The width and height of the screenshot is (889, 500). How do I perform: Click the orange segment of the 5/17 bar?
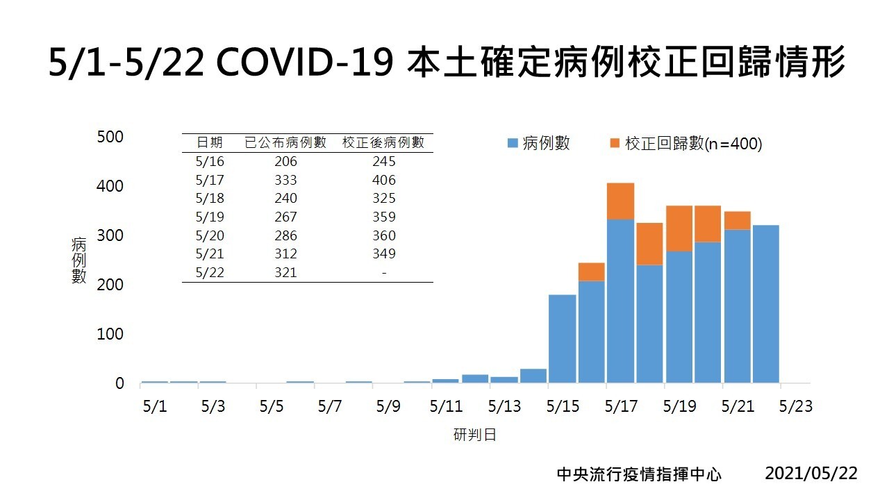[620, 201]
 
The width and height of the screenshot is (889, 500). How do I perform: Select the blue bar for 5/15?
[563, 338]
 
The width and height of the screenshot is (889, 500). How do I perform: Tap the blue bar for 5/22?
[766, 303]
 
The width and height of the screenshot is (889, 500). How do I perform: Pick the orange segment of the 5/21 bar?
[737, 220]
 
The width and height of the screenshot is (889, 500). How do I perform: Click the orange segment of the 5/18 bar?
[649, 244]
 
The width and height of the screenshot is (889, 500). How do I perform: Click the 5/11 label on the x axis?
[446, 406]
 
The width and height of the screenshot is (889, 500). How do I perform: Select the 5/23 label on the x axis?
[795, 406]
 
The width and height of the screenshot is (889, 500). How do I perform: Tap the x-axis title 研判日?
[475, 435]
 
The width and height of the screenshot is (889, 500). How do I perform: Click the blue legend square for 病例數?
[513, 144]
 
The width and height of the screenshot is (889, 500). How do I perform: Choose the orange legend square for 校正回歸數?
[615, 144]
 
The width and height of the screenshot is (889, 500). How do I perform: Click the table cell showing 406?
[383, 180]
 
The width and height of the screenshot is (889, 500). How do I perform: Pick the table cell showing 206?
[285, 162]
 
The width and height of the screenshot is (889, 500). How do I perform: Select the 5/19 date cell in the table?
[210, 217]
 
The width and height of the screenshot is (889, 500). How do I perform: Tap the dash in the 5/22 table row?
[383, 272]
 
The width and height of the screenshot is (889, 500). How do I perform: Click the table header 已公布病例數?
[285, 143]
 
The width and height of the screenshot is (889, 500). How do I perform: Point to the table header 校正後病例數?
[383, 143]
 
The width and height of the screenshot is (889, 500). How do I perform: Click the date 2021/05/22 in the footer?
[811, 474]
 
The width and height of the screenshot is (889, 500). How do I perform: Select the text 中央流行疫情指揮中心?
[639, 474]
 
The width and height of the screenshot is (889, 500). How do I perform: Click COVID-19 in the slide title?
[306, 63]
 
